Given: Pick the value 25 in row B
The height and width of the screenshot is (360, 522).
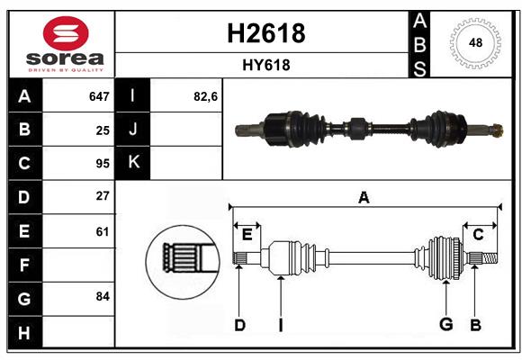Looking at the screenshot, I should [103, 130].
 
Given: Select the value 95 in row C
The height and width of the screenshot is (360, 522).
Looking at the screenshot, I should [103, 163].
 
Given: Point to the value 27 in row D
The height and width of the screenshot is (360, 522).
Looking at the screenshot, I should [103, 196].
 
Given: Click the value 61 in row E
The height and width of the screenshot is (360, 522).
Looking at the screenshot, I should [103, 231].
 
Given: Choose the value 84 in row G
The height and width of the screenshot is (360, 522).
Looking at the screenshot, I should [103, 296].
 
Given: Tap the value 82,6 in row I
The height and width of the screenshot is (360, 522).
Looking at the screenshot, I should [206, 95].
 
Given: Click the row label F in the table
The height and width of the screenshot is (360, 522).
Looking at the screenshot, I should [24, 265].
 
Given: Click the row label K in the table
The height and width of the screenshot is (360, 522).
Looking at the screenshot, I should [134, 163].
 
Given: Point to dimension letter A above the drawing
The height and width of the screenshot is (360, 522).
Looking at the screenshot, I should [364, 197].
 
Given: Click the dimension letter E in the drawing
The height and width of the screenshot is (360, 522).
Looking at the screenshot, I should [247, 235].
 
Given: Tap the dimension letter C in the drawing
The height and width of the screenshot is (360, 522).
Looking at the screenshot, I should [478, 235].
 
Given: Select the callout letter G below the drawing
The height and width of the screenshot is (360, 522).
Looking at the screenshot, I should [445, 324].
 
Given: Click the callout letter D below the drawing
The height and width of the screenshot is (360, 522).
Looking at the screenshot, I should [239, 324].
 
